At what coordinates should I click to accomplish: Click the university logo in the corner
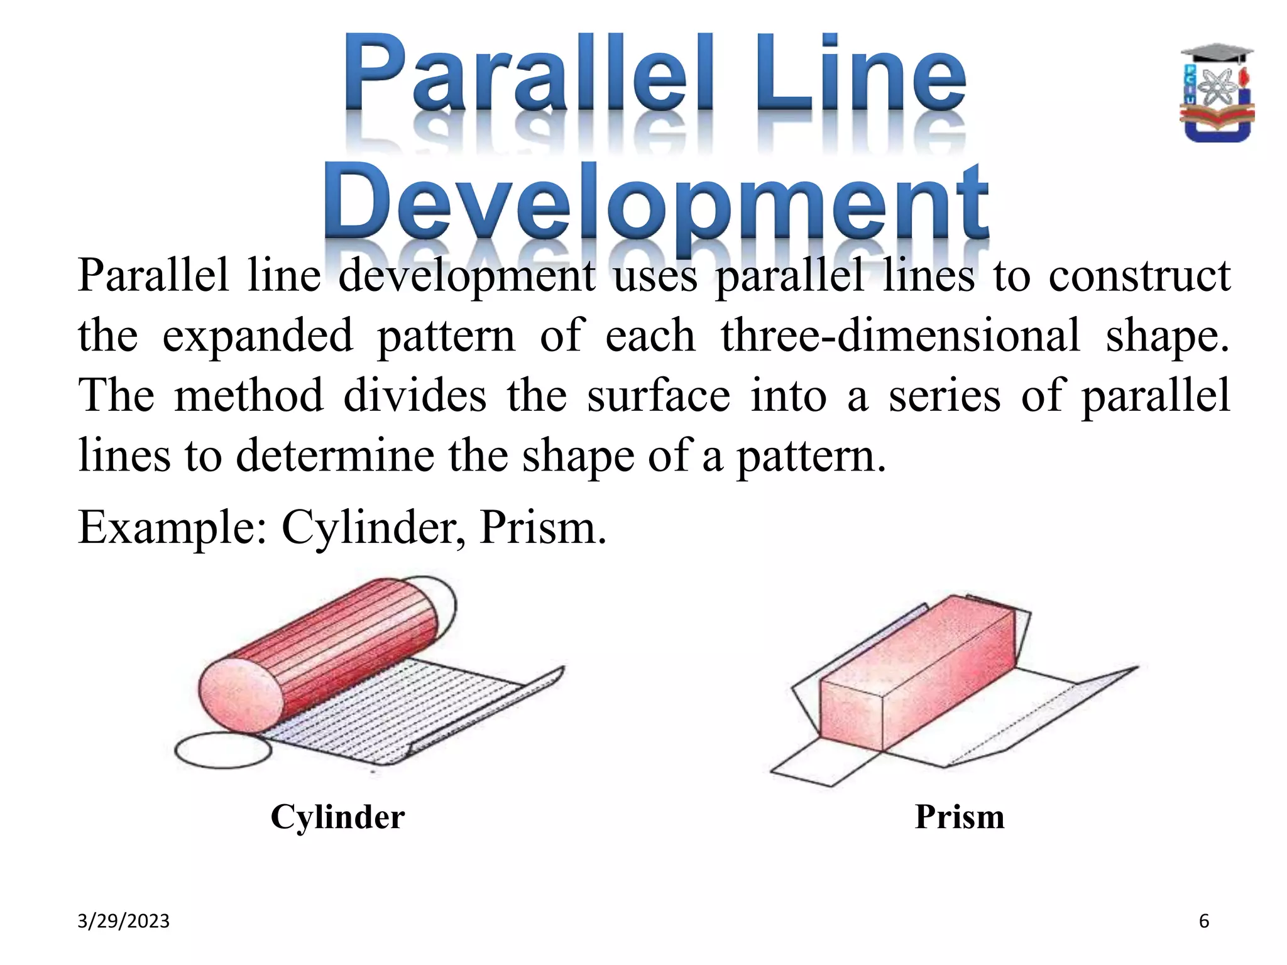click(1217, 93)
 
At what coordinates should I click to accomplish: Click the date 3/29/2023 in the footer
click(123, 921)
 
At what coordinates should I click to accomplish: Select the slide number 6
click(1204, 921)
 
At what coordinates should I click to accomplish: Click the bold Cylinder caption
click(337, 817)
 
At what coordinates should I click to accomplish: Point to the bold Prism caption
click(960, 817)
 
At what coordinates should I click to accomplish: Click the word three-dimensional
click(900, 335)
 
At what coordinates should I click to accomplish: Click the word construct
click(1139, 276)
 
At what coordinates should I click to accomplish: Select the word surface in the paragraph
click(659, 396)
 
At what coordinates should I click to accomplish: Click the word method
click(248, 396)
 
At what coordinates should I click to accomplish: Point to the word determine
click(335, 455)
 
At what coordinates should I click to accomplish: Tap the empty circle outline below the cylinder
click(222, 751)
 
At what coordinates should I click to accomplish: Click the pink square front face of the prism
click(852, 716)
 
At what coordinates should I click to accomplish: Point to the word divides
click(415, 396)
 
